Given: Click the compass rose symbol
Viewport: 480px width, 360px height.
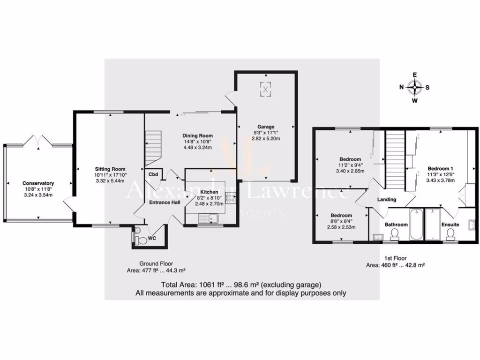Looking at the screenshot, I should coord(415,87).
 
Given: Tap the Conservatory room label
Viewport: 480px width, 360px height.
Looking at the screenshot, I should coord(38,183).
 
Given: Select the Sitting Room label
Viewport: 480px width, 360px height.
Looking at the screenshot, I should coord(110,169).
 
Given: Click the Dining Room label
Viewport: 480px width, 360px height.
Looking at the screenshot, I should coord(197,136).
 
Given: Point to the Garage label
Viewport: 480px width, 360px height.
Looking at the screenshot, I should coord(266,127).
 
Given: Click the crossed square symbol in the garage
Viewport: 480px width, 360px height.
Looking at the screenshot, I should coord(266,89).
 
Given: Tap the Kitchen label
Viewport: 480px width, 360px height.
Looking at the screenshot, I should coord(209,192).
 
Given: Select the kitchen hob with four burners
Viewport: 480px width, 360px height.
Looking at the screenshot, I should coord(230,198).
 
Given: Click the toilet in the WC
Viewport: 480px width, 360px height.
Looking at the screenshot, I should coord(139,239).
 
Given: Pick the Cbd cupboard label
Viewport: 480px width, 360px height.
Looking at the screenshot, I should coord(153,175).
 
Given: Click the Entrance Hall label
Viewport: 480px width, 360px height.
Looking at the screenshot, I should coord(161,202).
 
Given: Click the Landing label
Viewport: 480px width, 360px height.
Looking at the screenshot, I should coord(387,199).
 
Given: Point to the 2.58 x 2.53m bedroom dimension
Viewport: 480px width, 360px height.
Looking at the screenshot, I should coord(340,227).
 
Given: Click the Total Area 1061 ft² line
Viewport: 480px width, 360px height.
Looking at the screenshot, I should coord(241,285).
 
